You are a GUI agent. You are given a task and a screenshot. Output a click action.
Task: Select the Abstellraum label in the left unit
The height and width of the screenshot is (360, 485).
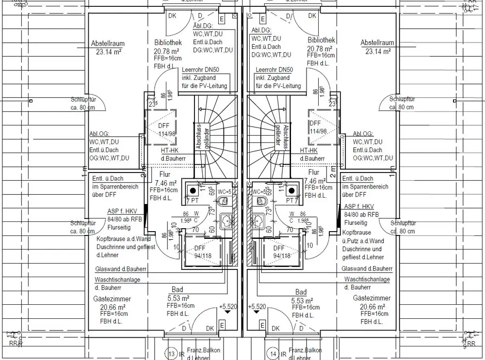[x=107, y=44]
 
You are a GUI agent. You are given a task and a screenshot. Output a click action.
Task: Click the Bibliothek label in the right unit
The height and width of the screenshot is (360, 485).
[x=321, y=42]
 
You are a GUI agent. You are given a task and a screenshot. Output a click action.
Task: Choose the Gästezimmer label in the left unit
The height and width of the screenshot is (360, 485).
[x=117, y=299]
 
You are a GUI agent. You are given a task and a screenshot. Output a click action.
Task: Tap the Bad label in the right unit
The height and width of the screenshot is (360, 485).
[x=301, y=292]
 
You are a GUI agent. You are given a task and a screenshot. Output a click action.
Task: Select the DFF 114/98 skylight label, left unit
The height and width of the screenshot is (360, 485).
[x=164, y=129]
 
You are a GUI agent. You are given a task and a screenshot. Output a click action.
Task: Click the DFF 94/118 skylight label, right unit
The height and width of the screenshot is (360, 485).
[x=281, y=252]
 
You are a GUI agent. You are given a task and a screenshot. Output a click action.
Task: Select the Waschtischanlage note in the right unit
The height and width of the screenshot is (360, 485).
[x=367, y=280]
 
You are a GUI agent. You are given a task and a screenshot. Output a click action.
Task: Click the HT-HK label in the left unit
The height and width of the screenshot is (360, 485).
[x=170, y=151]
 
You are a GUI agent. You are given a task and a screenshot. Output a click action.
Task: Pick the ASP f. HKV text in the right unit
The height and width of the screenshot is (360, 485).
[x=359, y=206]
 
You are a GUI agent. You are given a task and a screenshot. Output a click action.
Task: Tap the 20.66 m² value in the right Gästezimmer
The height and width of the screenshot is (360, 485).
[x=372, y=307]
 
